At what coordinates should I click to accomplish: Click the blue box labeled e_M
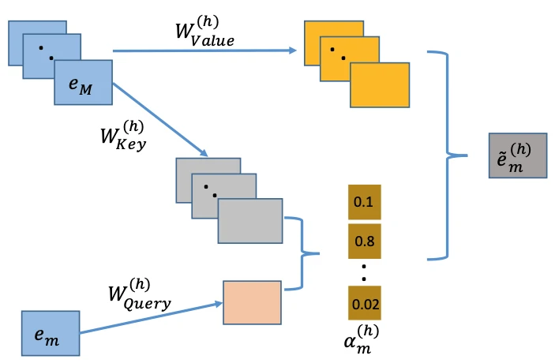(84, 84)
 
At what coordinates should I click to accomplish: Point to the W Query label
(139, 294)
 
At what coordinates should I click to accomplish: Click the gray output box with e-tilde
(517, 155)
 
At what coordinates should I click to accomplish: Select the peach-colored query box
(252, 302)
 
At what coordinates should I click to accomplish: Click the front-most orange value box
(380, 85)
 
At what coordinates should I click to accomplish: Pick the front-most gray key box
(249, 220)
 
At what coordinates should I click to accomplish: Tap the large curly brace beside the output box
(448, 155)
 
